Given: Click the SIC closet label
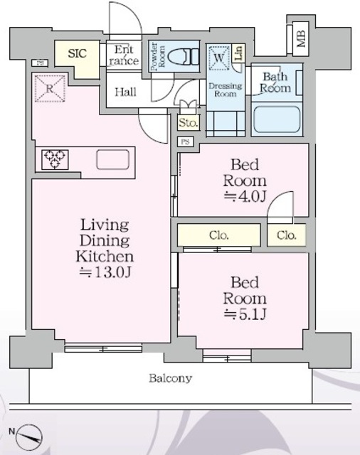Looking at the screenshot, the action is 78,54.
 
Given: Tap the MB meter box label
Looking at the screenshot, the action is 302,38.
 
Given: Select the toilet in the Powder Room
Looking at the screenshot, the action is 184,57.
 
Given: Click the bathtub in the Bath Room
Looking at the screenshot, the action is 277,120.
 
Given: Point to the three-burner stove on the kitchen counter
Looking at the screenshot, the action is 55,159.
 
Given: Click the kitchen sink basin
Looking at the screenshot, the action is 112,159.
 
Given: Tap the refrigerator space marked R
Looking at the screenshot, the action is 50,88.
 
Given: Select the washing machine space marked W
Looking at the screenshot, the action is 218,58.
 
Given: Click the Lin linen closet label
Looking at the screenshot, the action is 239,53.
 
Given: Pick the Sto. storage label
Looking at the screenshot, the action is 189,123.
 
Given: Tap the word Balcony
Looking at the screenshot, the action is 171,378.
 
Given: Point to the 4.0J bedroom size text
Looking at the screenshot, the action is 245,196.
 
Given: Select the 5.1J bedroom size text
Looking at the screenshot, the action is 245,314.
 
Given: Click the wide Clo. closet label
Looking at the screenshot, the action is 219,235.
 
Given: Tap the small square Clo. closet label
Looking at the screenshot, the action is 287,235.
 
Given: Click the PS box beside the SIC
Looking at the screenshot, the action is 40,63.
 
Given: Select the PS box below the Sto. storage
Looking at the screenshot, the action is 185,142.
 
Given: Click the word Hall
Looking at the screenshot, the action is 126,92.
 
